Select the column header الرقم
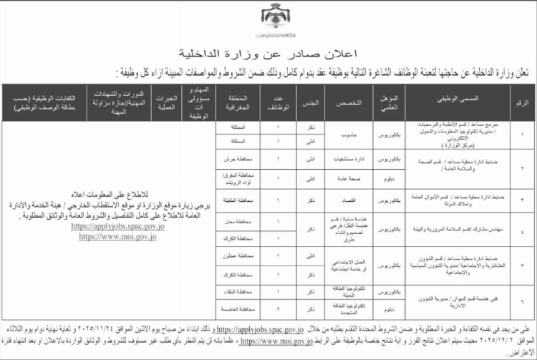coord(521,103)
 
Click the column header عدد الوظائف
coord(283,103)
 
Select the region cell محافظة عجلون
coord(237,256)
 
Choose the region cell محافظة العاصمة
coord(237,309)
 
